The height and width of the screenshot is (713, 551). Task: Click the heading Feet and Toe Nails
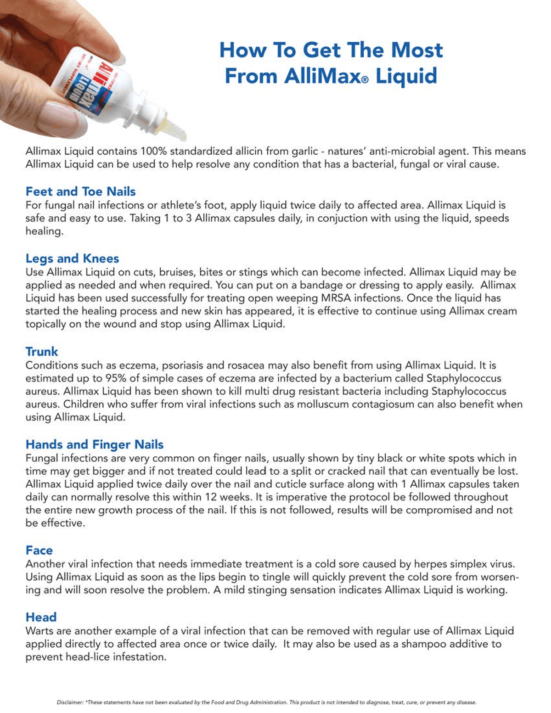click(x=80, y=191)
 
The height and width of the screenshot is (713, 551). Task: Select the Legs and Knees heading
click(x=72, y=258)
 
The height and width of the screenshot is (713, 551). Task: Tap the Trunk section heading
click(x=42, y=352)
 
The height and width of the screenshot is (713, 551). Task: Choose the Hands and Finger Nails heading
click(x=95, y=444)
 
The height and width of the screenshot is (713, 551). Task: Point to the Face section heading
click(x=39, y=550)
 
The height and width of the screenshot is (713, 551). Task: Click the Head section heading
click(x=41, y=617)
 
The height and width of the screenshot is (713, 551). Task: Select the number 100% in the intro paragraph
click(x=154, y=151)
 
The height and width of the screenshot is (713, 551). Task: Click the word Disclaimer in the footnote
click(x=70, y=702)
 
